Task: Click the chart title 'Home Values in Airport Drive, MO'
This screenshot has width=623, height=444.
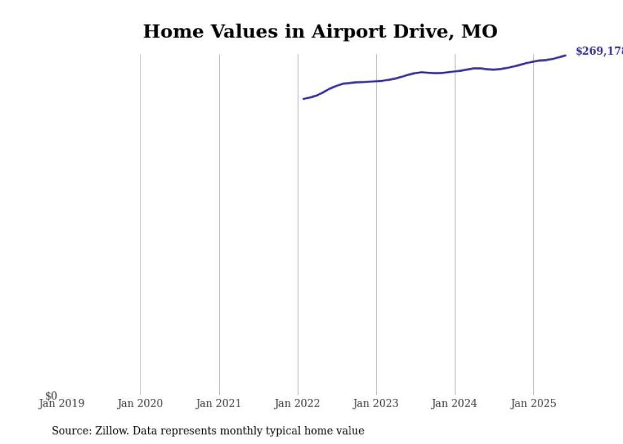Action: [x=320, y=31]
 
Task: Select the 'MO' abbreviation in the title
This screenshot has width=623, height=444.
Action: [x=479, y=31]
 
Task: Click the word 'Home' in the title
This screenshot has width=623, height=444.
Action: [x=168, y=31]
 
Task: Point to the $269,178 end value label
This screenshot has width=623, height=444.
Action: [x=598, y=51]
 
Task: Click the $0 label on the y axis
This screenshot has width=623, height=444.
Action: [x=51, y=396]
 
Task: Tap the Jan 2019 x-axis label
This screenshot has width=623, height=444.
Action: [x=61, y=403]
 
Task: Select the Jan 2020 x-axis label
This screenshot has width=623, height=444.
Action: [x=140, y=403]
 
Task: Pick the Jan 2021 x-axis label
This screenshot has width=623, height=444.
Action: [x=219, y=403]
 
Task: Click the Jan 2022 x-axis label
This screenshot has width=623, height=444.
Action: [x=298, y=403]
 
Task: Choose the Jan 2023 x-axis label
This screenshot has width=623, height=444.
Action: [x=376, y=403]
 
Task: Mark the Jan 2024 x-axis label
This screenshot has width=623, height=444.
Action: [x=455, y=403]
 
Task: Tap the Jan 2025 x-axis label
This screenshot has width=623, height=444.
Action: [x=533, y=403]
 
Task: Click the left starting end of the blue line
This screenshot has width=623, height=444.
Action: [x=304, y=98]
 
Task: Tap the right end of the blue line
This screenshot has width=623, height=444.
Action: [x=565, y=55]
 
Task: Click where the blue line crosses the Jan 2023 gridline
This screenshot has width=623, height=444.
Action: [x=376, y=81]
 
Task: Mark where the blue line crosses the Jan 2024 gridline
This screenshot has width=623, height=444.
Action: [x=455, y=71]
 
